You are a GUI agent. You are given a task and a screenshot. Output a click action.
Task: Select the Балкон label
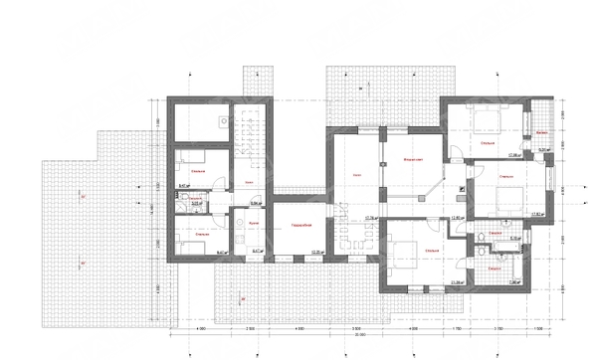click(541, 132)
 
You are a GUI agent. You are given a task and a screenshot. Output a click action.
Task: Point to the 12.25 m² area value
click(317, 253)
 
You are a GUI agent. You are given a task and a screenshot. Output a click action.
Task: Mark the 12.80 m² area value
click(459, 218)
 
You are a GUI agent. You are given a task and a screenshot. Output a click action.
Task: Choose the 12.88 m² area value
click(516, 155)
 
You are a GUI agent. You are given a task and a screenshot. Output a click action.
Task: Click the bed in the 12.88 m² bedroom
click(487, 124)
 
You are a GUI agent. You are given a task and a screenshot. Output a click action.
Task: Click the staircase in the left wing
click(253, 129)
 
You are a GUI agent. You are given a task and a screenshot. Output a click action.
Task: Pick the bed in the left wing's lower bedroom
click(192, 244)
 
